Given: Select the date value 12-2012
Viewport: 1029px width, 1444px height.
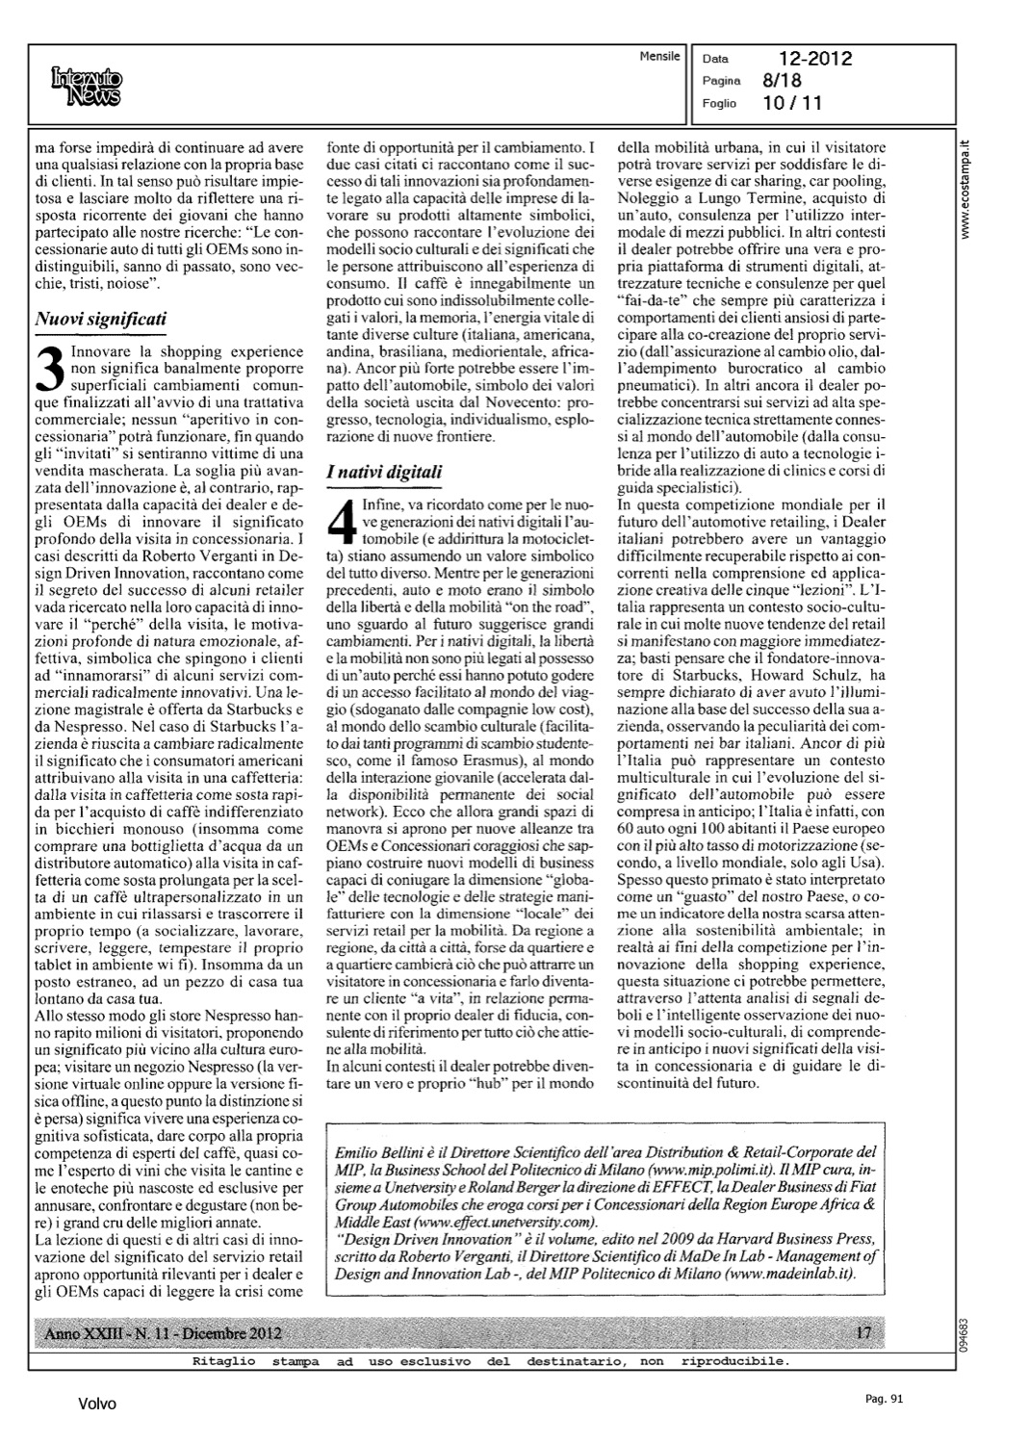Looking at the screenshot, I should [816, 60].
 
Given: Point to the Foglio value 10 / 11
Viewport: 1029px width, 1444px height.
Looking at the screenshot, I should [790, 103].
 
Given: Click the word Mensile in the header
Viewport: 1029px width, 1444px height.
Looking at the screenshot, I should [659, 57].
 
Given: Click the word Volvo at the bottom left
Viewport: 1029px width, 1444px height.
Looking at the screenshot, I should [97, 1405].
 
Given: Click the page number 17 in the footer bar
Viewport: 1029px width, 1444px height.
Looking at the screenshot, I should [863, 1333].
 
